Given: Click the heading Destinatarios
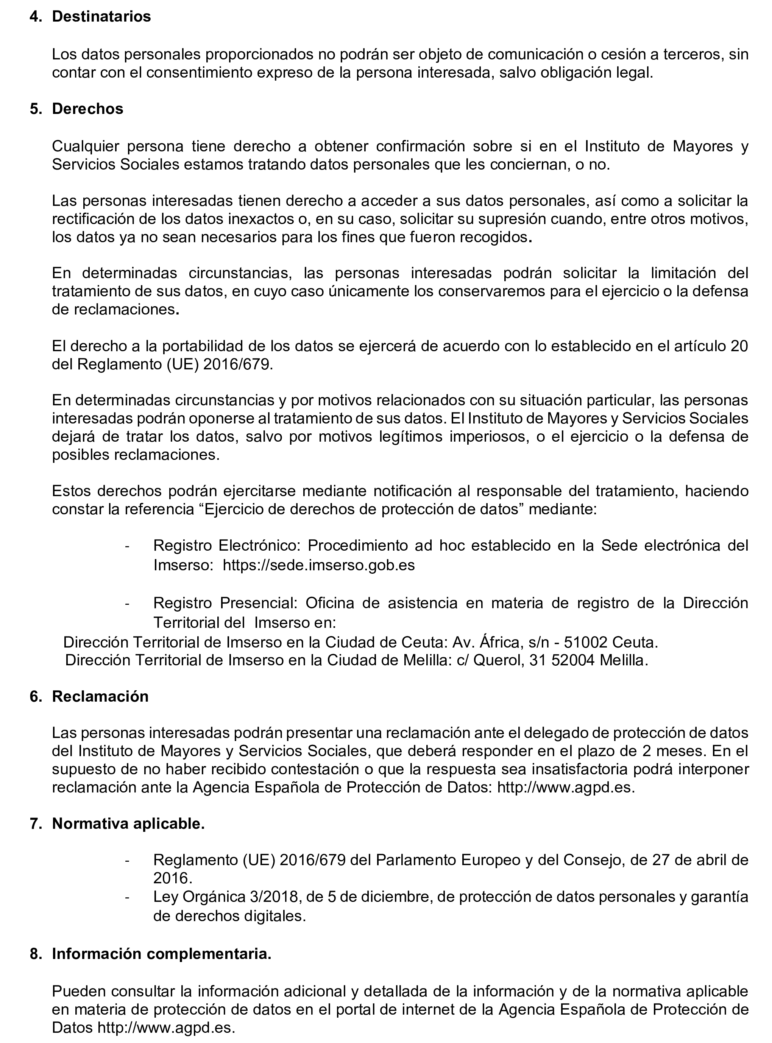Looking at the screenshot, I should (x=101, y=16).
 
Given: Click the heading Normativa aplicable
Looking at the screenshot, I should (x=128, y=824).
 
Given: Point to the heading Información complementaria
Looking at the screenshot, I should (x=161, y=954).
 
